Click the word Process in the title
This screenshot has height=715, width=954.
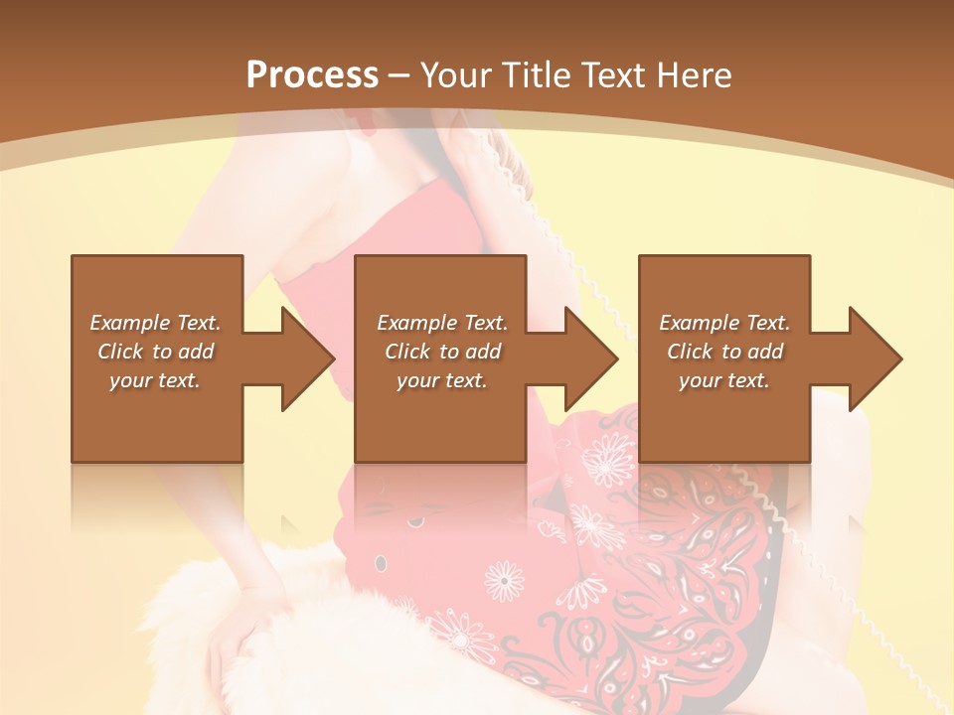coord(312,75)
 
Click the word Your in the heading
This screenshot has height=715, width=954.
coord(456,75)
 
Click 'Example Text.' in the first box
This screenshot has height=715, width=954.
coord(155,323)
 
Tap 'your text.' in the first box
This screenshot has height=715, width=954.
coord(155,380)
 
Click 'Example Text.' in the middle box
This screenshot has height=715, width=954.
coord(442,323)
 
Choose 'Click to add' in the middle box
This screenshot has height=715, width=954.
coord(442,352)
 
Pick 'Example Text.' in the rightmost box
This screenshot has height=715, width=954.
coord(724,323)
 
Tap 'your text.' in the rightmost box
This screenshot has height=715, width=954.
coord(724,380)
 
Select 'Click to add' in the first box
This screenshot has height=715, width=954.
coord(155,352)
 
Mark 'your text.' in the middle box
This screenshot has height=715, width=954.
coord(442,380)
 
